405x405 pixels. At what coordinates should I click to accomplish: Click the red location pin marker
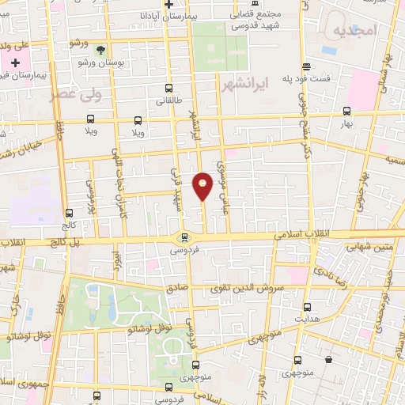coord(203,186)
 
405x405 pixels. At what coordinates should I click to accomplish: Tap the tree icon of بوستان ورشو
coord(100,39)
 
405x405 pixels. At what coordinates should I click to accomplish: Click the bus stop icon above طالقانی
coord(168,89)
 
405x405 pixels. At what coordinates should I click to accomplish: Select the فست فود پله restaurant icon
coord(305,66)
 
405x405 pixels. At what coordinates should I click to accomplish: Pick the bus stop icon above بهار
coord(346,112)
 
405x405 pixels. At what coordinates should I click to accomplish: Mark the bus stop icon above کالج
coord(69,213)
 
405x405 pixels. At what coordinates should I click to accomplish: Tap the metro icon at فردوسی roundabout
coord(184,237)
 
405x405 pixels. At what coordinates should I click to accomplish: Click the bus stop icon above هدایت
coord(307,305)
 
